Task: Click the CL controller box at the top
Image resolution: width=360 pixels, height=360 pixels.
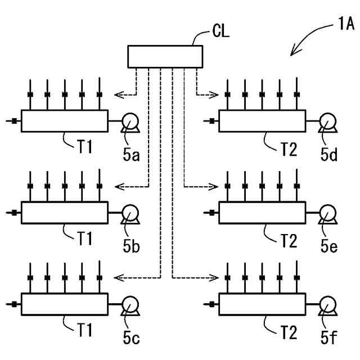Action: tap(165, 56)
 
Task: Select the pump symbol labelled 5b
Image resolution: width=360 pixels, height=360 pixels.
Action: tap(130, 213)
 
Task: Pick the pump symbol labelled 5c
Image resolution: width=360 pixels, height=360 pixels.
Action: tap(130, 304)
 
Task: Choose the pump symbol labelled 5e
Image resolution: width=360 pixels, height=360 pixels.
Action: tap(327, 213)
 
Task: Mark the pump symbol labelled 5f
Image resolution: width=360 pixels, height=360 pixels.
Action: tap(327, 304)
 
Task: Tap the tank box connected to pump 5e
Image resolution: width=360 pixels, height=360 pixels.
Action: tap(262, 213)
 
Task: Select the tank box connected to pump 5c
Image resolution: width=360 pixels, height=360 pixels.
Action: tap(64, 304)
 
